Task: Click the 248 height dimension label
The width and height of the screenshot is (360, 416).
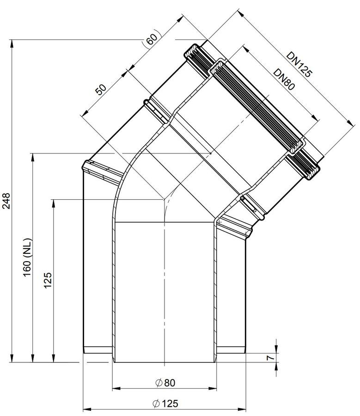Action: (x=6, y=201)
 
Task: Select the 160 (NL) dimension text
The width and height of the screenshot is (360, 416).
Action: (x=28, y=257)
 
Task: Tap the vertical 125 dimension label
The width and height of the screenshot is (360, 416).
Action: (x=48, y=280)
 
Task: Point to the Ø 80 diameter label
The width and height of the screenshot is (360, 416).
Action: (x=165, y=383)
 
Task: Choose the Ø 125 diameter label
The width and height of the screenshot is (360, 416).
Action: (x=165, y=404)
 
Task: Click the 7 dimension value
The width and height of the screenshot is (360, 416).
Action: (x=270, y=358)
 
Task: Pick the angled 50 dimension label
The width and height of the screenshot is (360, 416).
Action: (x=101, y=89)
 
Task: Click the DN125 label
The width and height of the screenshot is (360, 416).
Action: (x=299, y=64)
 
